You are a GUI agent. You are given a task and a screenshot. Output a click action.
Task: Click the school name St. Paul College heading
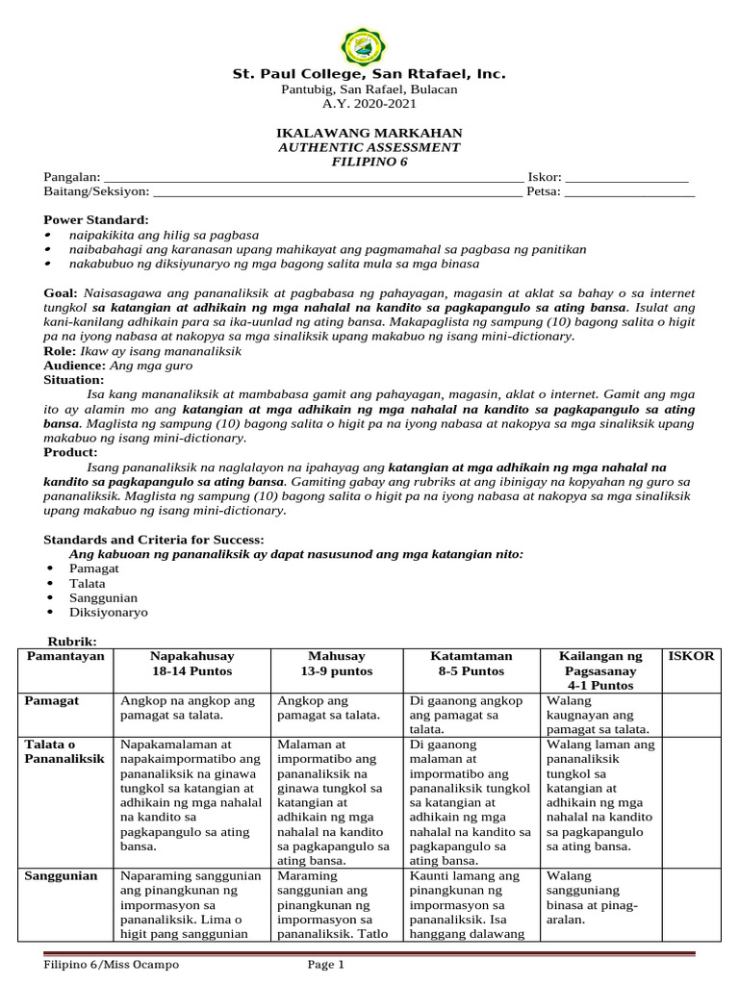(x=369, y=74)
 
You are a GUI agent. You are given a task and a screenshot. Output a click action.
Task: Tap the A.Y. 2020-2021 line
(x=369, y=104)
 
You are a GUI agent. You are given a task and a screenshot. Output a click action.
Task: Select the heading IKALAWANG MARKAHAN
(x=369, y=133)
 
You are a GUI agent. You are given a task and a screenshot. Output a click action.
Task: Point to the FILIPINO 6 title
(x=369, y=162)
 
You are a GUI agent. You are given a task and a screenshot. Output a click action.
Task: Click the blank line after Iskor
(x=626, y=179)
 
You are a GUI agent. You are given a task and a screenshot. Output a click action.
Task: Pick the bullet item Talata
(x=88, y=583)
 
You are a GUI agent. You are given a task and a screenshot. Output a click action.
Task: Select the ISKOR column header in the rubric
(x=691, y=656)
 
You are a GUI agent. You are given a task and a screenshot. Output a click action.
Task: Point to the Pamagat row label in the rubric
(x=51, y=701)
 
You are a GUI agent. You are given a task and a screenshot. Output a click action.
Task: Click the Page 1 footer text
(x=325, y=965)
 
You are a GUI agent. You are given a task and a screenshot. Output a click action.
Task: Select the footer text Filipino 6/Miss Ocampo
(x=112, y=965)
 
